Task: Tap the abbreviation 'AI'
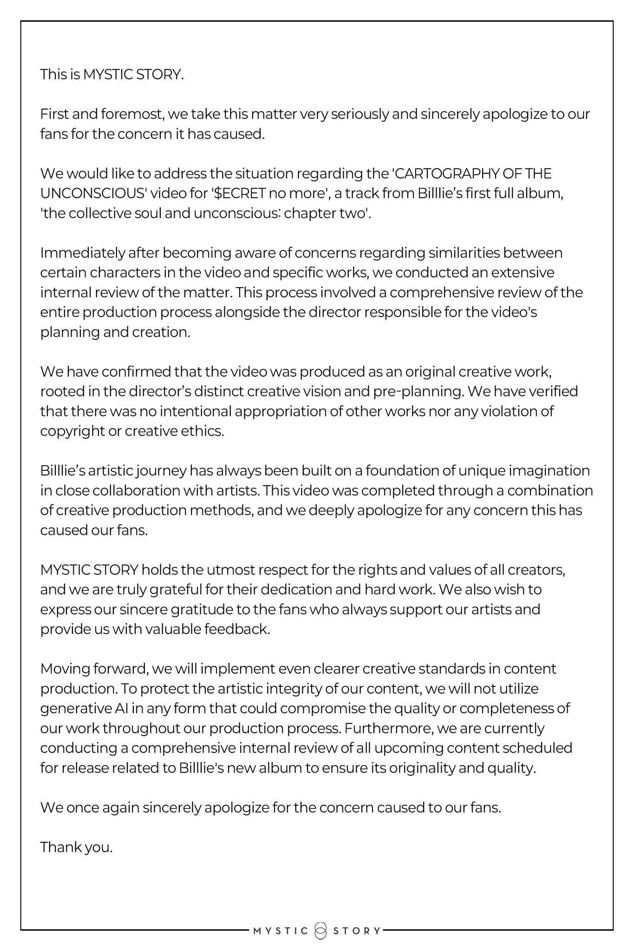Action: [x=119, y=709]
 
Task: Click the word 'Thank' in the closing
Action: [x=59, y=847]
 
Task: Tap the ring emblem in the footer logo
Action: [x=320, y=931]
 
